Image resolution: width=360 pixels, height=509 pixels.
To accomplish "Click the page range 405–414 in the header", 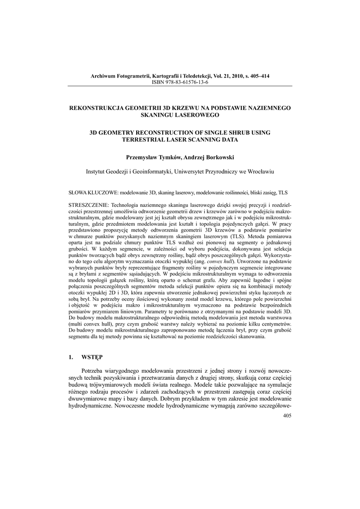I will point(258,76).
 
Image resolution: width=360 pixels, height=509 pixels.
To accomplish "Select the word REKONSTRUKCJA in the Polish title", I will point(95,108).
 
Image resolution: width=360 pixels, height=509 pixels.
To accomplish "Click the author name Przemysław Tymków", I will point(153,158).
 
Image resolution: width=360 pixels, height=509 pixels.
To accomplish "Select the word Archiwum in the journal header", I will point(103,76).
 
